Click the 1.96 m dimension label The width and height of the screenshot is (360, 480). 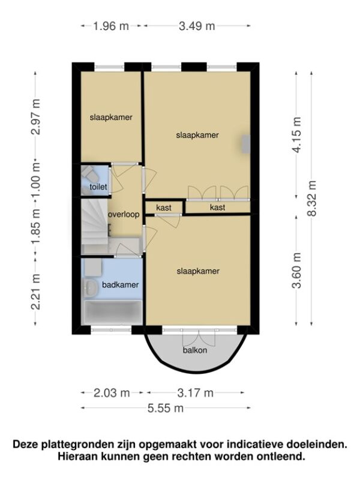click(x=111, y=26)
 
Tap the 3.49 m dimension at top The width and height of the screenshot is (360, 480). click(x=197, y=26)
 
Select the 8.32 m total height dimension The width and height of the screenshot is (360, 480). click(x=312, y=199)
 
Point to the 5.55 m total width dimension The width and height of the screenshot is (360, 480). click(x=166, y=408)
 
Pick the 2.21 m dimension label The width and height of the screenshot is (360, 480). click(x=36, y=292)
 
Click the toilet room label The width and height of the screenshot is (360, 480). click(x=98, y=187)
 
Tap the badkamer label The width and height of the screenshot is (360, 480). click(x=121, y=284)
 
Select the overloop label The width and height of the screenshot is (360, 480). click(x=124, y=215)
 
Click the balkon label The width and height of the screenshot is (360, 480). click(x=195, y=350)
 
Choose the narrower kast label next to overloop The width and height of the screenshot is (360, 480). click(x=164, y=208)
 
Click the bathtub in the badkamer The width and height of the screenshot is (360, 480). click(x=113, y=312)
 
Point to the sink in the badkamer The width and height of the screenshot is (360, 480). click(x=90, y=287)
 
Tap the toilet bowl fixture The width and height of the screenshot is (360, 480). click(x=89, y=174)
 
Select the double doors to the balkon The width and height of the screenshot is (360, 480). click(x=199, y=338)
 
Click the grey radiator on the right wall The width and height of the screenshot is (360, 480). click(x=246, y=144)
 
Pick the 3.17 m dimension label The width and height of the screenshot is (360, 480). click(x=196, y=393)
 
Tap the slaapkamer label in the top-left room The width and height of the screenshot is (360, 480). click(x=111, y=117)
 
